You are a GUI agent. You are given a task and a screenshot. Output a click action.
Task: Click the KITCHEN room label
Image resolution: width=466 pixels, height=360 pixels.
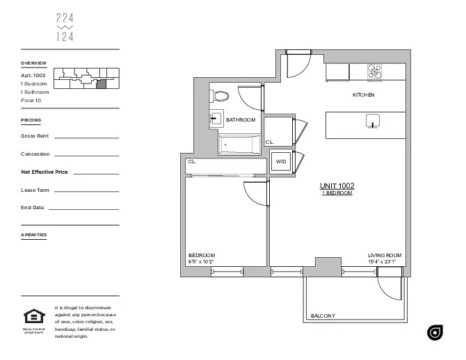(x=363, y=95)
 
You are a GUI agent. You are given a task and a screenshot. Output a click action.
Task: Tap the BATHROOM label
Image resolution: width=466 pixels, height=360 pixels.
(x=241, y=120)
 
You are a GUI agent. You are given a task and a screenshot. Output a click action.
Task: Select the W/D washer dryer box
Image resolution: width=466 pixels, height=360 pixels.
(x=281, y=161)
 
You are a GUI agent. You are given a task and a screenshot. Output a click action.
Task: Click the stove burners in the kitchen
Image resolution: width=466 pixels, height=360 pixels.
(x=375, y=71)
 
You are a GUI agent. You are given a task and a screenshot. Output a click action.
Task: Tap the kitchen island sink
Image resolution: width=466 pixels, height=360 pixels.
(x=373, y=122)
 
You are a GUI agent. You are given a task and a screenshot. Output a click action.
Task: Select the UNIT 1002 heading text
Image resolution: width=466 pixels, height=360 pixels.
(x=337, y=186)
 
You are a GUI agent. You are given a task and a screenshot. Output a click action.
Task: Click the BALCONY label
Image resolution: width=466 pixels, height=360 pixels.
(x=323, y=316)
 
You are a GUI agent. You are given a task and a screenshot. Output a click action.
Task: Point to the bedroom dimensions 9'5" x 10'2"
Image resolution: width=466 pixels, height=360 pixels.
(x=202, y=262)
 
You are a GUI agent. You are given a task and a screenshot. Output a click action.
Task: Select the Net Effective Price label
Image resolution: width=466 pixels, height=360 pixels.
(x=45, y=171)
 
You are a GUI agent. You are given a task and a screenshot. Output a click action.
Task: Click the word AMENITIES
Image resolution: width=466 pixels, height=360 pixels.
(x=34, y=235)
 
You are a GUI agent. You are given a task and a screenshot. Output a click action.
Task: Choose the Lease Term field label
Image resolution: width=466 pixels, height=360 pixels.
(x=35, y=189)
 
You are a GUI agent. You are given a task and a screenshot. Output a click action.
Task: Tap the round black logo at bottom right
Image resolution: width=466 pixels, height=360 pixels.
(x=435, y=334)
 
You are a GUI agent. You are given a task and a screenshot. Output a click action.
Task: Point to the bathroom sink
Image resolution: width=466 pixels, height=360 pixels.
(x=216, y=120)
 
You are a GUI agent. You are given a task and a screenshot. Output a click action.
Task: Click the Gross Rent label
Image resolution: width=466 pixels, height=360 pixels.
(x=35, y=136)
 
